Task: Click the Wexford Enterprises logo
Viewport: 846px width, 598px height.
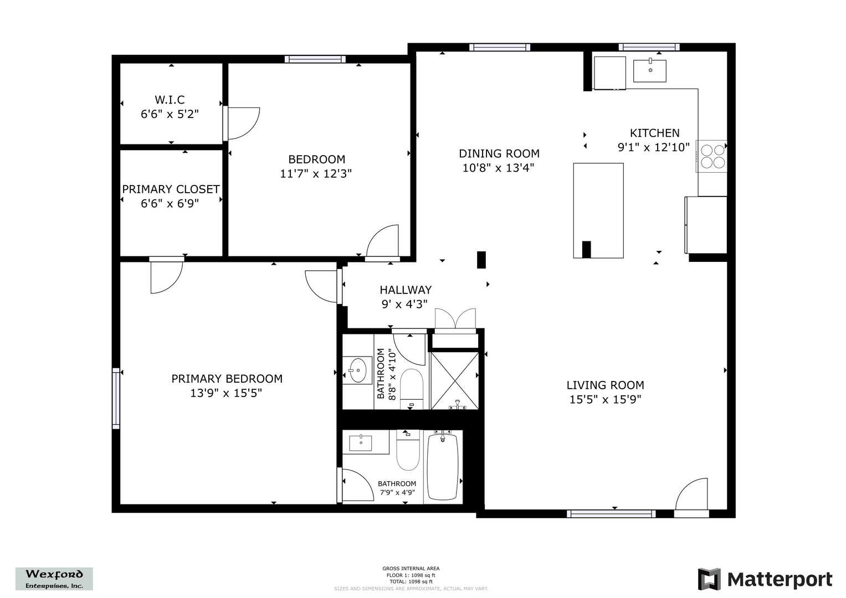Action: [54, 579]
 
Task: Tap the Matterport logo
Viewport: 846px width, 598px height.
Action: [765, 579]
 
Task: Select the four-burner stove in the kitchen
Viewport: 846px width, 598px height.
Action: [712, 156]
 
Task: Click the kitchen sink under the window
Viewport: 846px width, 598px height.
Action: [650, 71]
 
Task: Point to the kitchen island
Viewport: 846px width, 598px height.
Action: [598, 210]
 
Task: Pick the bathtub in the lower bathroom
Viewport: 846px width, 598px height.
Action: [443, 467]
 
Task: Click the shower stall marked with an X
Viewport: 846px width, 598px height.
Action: [455, 381]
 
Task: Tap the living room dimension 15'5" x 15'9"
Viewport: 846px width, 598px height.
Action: [605, 399]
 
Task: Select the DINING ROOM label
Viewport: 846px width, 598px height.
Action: [499, 154]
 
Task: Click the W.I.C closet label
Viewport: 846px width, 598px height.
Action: [170, 100]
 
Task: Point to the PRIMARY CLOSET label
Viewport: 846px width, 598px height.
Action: [171, 189]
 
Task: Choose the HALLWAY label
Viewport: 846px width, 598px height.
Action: [405, 290]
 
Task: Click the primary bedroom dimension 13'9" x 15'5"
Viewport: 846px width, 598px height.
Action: [226, 393]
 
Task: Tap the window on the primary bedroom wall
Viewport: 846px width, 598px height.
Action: [116, 398]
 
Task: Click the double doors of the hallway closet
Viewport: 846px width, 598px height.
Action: [455, 318]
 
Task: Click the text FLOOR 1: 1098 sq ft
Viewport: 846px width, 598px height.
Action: [411, 575]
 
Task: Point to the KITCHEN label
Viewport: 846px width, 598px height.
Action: [654, 133]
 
